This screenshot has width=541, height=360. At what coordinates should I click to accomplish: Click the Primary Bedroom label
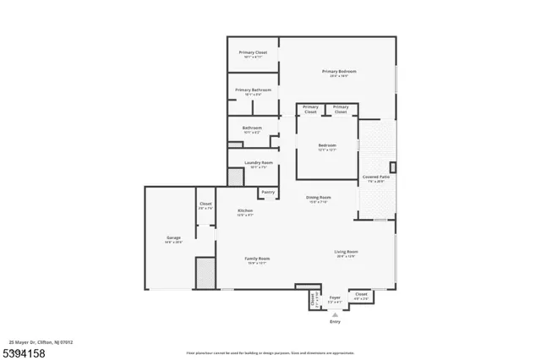point(338,71)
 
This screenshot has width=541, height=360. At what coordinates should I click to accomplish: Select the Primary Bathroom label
point(253,90)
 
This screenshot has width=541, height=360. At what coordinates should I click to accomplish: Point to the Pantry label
point(267,192)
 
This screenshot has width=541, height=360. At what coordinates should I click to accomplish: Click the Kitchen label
point(245,210)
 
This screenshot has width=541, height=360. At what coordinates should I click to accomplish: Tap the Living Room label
point(346,251)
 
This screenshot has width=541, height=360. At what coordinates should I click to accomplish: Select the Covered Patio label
point(374,177)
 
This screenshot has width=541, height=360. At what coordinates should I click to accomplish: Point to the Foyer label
point(335,297)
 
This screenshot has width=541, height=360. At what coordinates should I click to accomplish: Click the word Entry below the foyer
point(335,321)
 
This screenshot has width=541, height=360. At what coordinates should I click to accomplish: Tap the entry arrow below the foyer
point(335,314)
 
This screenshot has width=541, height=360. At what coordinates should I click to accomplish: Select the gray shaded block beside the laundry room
point(235,177)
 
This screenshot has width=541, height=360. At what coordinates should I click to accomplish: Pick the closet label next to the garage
point(205,204)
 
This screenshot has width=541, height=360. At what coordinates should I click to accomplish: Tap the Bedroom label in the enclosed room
point(327,145)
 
